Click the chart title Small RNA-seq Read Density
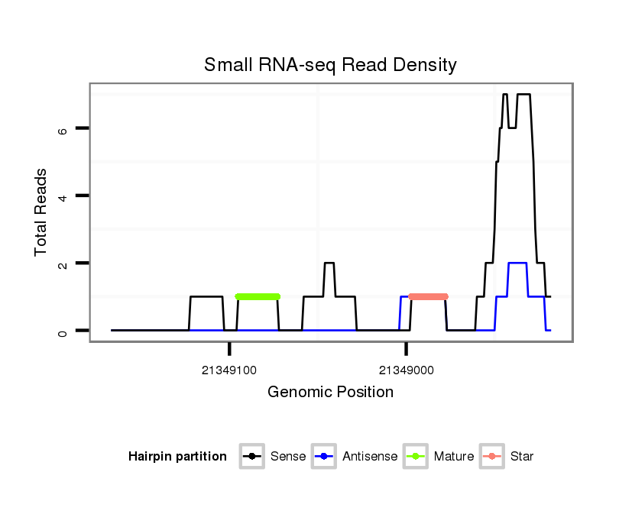coord(330,65)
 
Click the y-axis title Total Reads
coord(41,212)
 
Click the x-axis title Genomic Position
coord(330,393)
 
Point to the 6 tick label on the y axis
coord(63,129)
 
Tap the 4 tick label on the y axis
coord(63,196)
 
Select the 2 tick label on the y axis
coord(63,263)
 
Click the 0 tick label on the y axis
coord(63,331)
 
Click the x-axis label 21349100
coord(229,370)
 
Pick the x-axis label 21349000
coord(406,370)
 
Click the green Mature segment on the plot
coord(258,296)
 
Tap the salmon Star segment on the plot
coord(428,296)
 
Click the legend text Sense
coord(288,457)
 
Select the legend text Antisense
coord(370,457)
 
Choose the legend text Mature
coord(453,457)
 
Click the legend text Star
coord(521,457)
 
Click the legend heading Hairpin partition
coord(177,457)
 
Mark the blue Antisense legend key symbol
coord(324,457)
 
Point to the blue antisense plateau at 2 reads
coord(517,263)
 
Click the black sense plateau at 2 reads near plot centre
coord(329,263)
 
